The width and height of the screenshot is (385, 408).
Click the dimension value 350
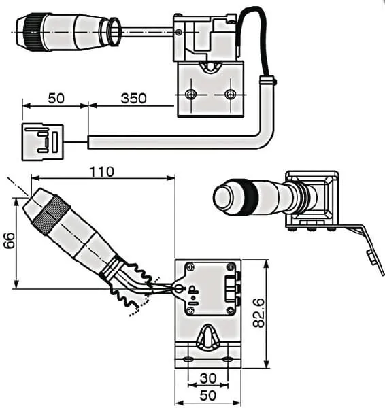133,99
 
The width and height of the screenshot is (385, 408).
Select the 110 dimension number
102,172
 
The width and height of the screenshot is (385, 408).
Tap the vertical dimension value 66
10,241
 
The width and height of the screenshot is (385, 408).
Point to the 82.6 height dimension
259,313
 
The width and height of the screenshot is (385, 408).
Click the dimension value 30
208,378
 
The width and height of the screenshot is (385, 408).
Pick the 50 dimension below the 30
208,396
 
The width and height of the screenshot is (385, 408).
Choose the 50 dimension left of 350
56,99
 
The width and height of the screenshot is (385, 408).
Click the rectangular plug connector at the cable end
43,142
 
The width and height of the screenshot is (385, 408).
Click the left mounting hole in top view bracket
191,94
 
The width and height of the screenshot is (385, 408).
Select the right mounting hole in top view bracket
231,95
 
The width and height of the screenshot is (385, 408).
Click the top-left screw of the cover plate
191,267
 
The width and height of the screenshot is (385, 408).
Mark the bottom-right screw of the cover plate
231,310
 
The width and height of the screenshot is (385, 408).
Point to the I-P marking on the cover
193,296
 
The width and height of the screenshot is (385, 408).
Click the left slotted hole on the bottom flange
188,359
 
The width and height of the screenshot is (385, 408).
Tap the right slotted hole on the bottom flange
227,359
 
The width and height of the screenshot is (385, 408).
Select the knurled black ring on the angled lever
51,216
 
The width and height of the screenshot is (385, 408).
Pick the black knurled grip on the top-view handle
33,32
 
